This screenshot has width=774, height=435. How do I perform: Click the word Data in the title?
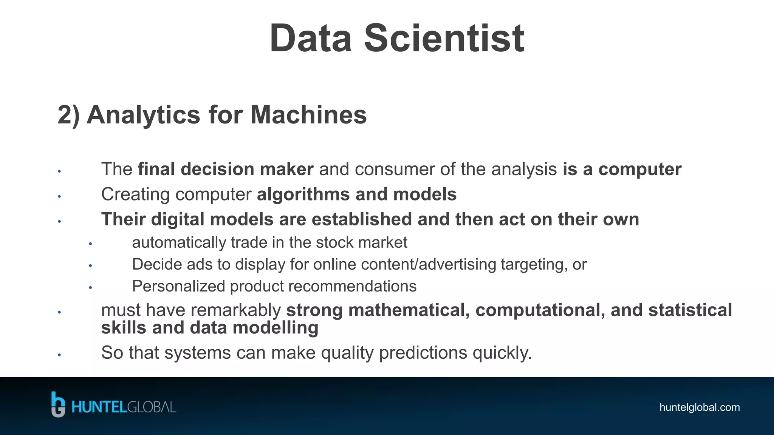(x=311, y=39)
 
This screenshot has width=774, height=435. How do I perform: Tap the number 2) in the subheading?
(x=69, y=115)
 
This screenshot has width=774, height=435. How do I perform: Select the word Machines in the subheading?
(x=308, y=115)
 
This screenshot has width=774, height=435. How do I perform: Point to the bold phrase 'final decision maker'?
(x=226, y=169)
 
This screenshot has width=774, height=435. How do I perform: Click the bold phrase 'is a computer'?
(x=622, y=169)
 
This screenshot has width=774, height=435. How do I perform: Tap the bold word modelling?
(x=275, y=328)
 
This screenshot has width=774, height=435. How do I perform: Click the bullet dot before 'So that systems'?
(x=59, y=355)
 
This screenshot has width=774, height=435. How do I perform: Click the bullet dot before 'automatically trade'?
(x=90, y=244)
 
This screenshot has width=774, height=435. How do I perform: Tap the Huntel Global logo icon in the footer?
(x=58, y=405)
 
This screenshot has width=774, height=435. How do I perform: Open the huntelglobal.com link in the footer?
(x=699, y=407)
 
